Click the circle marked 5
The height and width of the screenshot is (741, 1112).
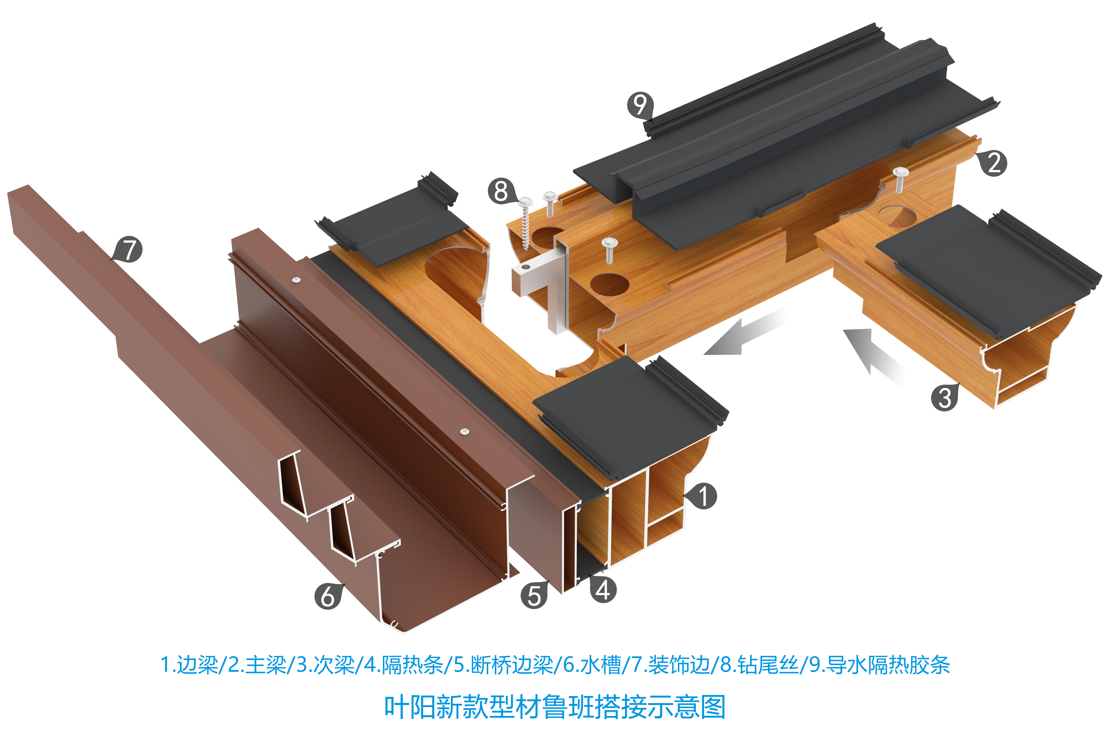(534, 596)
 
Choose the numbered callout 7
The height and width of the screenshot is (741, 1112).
(129, 250)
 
